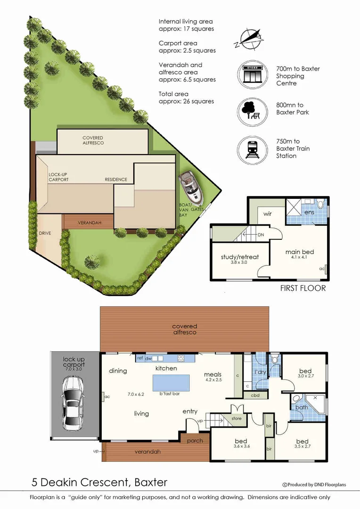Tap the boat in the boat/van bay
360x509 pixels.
pos(190,186)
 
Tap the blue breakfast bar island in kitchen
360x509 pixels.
pos(171,381)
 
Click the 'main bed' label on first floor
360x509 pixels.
pos(299,252)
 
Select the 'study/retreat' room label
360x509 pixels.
pos(240,257)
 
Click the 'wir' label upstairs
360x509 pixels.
pos(268,213)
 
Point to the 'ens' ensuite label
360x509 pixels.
pos(310,213)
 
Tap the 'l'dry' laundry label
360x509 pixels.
pos(261,372)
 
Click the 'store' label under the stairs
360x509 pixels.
pos(236,418)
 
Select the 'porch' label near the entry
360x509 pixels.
pos(195,441)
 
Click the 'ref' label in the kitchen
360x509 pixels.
pos(139,358)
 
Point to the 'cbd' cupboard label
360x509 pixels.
pos(255,395)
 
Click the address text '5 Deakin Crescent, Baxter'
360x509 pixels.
pos(99,482)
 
